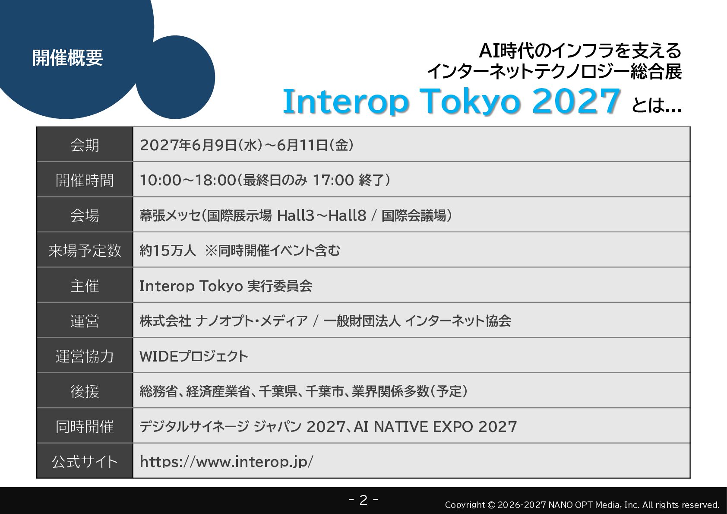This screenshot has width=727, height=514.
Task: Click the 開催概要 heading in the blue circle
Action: pos(67,58)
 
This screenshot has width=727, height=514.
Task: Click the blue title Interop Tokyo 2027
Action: pos(451,102)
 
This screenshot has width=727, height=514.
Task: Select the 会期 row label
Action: pos(85,145)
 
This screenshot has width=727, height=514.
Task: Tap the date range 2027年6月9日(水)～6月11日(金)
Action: pos(247,145)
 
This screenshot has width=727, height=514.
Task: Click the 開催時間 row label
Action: pos(85,180)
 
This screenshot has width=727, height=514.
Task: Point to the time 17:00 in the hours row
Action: pos(333,180)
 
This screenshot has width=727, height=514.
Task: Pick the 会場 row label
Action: pos(85,215)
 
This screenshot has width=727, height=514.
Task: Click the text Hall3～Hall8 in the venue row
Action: pos(322,215)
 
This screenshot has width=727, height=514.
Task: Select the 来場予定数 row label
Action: pos(85,251)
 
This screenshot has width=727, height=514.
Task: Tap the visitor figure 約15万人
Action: pos(168,251)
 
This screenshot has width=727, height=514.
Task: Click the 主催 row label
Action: pos(85,286)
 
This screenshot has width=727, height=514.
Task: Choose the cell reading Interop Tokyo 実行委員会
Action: pos(226,286)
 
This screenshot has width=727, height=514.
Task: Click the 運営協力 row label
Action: pos(85,356)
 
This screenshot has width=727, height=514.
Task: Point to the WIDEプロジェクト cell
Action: pos(194,356)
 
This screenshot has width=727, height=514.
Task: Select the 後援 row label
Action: pos(85,391)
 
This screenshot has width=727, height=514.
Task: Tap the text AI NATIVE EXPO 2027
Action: pos(435,427)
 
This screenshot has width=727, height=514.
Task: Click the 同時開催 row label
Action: pos(85,427)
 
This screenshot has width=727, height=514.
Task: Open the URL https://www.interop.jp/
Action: pos(227,462)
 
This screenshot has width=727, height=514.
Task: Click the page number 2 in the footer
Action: pos(363,500)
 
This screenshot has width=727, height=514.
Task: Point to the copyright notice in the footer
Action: pos(582,505)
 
